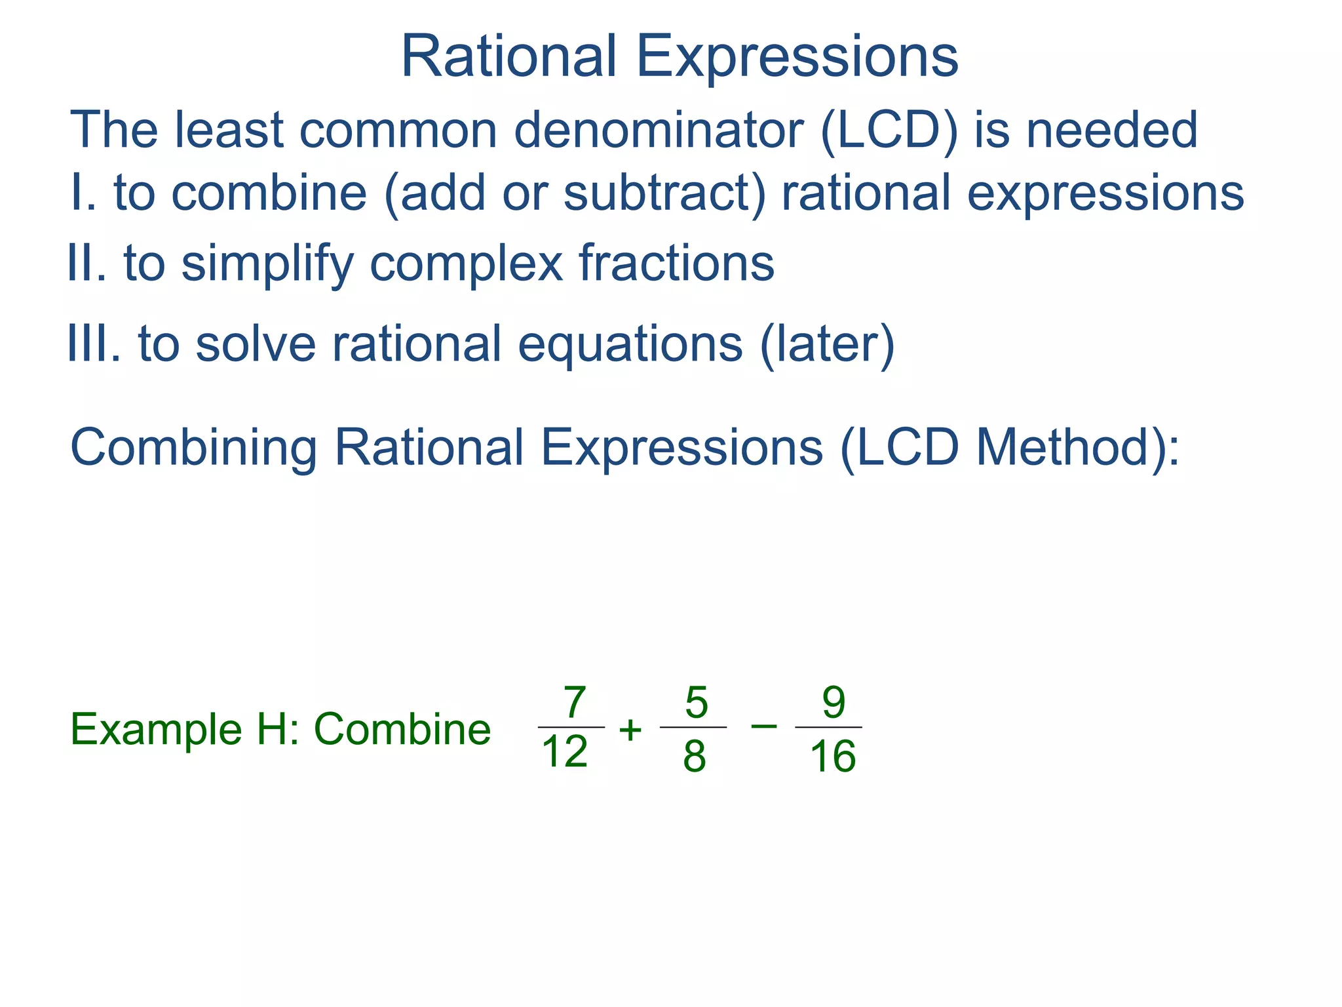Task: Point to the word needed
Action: coord(1111,130)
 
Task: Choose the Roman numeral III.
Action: coord(94,344)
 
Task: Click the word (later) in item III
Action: coord(827,344)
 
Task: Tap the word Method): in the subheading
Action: coord(1077,448)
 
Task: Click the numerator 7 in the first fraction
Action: coord(574,703)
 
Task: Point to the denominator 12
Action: coord(565,752)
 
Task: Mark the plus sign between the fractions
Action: coord(630,730)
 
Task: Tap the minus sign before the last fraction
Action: coord(763,725)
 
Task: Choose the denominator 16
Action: coord(832,756)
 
